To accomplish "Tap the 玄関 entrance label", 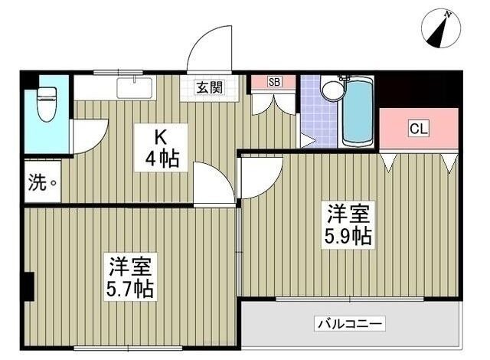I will click(x=209, y=87).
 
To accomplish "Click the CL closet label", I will click(x=419, y=128).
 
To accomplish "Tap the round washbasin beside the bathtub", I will click(x=333, y=90).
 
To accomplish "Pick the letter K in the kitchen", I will click(x=162, y=138).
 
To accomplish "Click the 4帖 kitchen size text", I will click(x=162, y=159).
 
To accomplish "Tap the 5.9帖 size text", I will click(x=350, y=236).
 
